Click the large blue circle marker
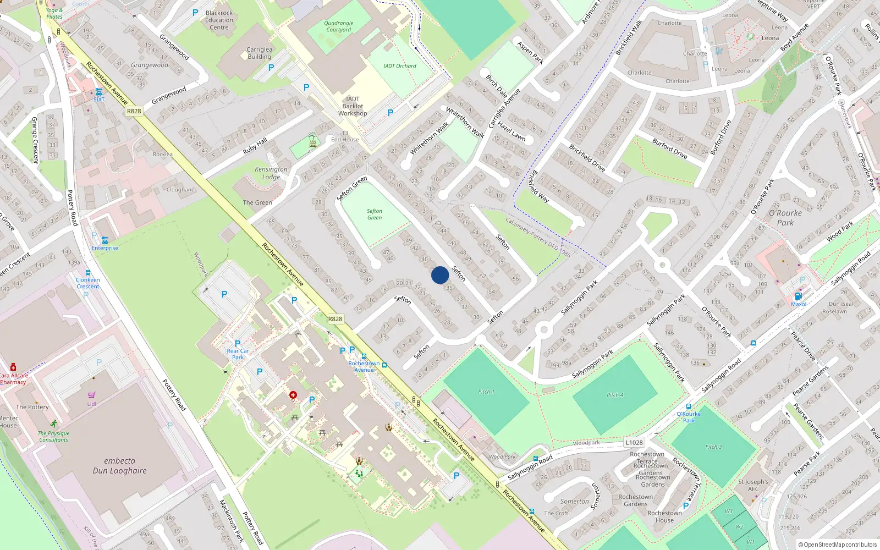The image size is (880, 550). tap(440, 275)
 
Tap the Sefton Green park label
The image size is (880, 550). tap(375, 215)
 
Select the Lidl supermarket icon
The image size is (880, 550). tap(91, 395)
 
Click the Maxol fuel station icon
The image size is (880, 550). tap(799, 296)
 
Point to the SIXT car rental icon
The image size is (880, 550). tap(98, 92)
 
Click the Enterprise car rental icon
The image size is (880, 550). tap(105, 240)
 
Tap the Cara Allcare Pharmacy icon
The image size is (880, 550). tap(13, 367)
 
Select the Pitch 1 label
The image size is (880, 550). tap(486, 392)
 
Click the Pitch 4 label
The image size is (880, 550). tap(615, 395)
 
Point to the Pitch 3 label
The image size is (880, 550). tap(713, 447)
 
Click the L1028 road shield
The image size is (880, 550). tap(634, 443)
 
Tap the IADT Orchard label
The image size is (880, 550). tap(400, 66)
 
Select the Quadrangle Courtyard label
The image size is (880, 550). tap(339, 26)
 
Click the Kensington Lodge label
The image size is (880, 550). tap(271, 173)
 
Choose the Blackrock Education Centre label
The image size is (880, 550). tap(219, 20)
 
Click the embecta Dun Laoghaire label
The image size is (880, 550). tap(119, 466)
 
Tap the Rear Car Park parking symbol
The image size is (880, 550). tap(238, 343)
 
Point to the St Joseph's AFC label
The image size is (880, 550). tap(753, 485)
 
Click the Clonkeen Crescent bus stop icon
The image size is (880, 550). tap(87, 273)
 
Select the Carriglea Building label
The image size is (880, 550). tap(259, 53)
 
